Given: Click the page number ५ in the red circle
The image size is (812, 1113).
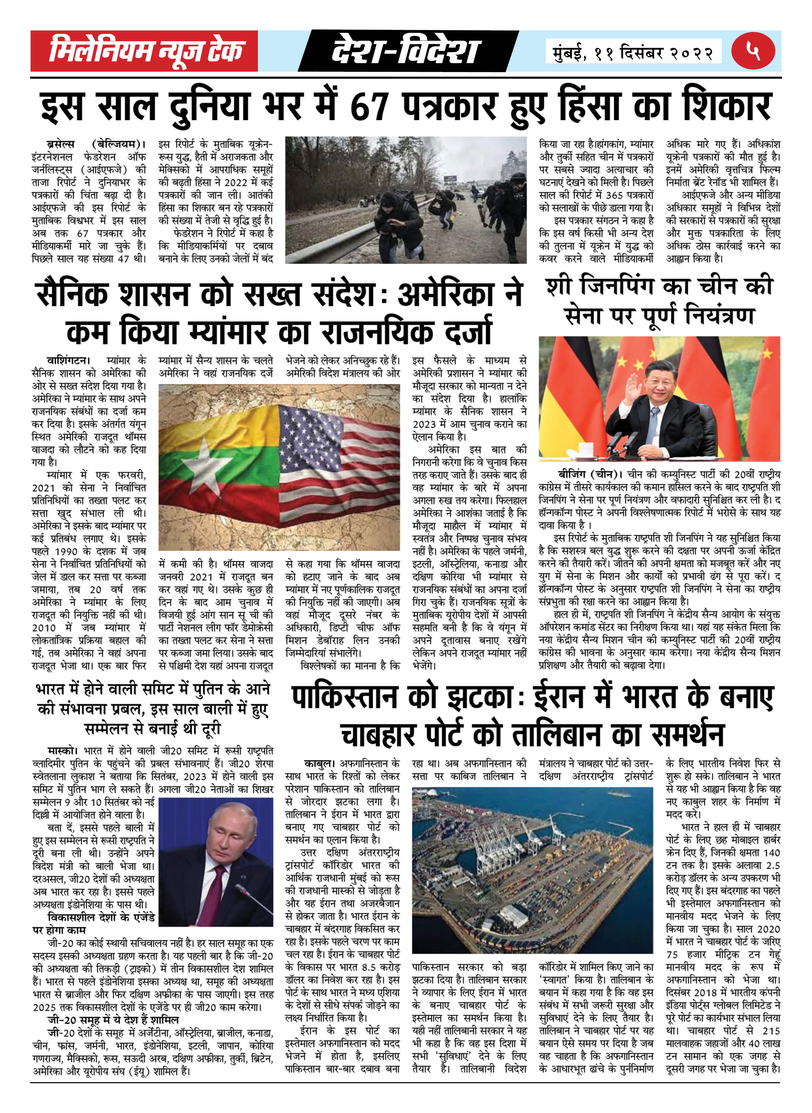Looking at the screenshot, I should point(753,51).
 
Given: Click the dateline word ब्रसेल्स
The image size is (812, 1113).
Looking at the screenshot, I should point(61,144).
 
